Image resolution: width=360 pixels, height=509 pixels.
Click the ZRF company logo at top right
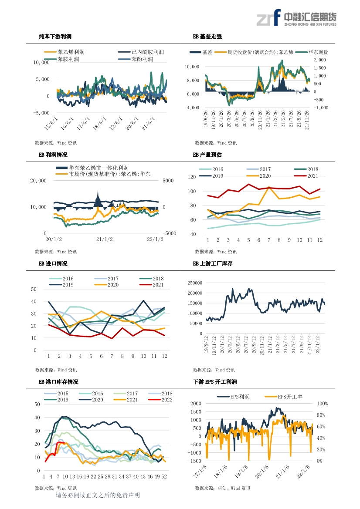(296, 18)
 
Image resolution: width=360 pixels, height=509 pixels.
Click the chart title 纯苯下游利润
(55, 37)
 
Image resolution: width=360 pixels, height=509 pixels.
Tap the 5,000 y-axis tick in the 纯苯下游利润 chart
(43, 79)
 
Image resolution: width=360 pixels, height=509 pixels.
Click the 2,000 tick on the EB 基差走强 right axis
(320, 60)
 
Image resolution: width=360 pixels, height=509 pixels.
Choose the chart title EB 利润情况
(53, 155)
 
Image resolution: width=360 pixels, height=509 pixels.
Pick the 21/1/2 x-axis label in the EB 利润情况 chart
(104, 239)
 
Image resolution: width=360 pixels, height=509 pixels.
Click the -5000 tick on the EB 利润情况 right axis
(169, 233)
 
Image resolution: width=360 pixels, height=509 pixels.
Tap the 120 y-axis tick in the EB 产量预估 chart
(192, 177)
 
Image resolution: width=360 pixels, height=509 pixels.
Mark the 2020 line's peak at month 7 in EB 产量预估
(269, 187)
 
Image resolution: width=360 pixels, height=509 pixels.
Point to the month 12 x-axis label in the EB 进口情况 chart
(165, 356)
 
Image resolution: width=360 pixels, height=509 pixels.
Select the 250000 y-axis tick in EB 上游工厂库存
(195, 283)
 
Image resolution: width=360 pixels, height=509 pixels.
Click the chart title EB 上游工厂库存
(213, 263)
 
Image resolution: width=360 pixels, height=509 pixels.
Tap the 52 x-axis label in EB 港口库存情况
(164, 476)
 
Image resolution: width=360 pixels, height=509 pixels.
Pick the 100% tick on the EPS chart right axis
(323, 404)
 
